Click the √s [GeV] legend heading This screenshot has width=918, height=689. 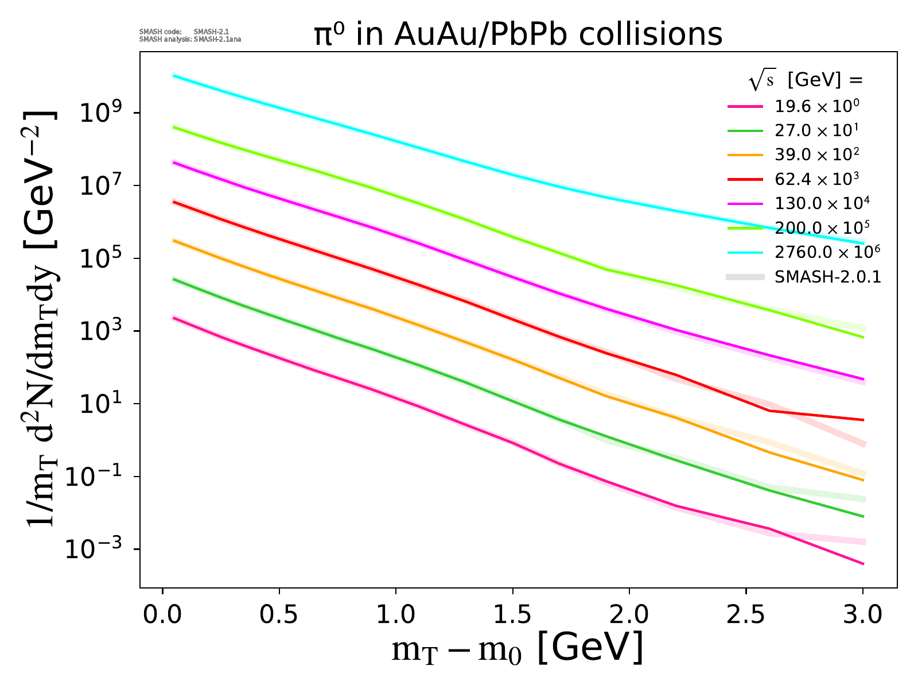point(806,82)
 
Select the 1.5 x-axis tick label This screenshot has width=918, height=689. point(512,615)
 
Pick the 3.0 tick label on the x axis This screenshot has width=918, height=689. point(863,615)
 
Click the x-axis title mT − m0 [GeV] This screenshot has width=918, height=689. point(517,649)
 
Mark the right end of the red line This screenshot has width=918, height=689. point(863,420)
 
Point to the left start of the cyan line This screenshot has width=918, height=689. point(174,75)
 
